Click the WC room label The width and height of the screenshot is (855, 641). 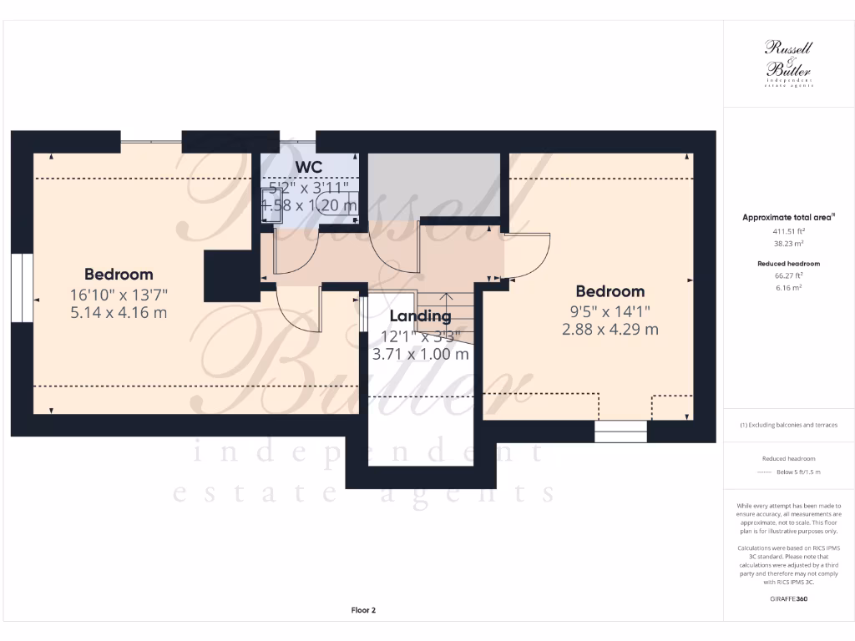(308, 168)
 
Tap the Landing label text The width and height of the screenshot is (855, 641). (420, 316)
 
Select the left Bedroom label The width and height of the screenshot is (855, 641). (119, 274)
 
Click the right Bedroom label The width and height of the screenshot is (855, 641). (610, 291)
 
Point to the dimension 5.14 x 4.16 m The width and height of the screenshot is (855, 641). (119, 312)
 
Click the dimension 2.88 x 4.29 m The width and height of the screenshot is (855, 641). (610, 329)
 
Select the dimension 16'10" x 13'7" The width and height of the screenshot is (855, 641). (119, 294)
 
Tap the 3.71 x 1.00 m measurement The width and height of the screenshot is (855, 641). (420, 353)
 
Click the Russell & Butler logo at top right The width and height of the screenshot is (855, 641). (788, 63)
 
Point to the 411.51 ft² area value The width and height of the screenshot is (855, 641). (788, 231)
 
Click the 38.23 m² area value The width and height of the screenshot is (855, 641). (788, 245)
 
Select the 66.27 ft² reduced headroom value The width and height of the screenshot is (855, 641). (788, 275)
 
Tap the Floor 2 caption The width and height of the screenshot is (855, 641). (363, 610)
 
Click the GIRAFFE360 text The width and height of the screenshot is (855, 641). (789, 598)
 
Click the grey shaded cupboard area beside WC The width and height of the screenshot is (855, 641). (434, 186)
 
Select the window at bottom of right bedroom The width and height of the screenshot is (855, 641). (620, 432)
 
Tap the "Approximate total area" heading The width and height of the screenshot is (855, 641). (788, 217)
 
